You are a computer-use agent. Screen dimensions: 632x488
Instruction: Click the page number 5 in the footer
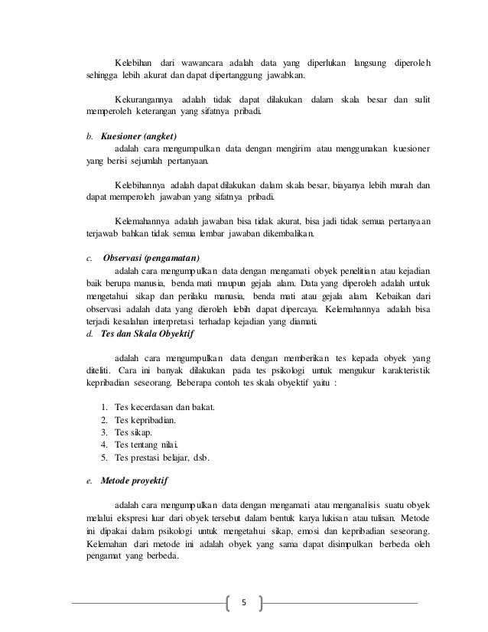pos(244,603)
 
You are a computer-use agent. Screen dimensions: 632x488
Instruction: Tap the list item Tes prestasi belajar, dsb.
pos(161,458)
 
